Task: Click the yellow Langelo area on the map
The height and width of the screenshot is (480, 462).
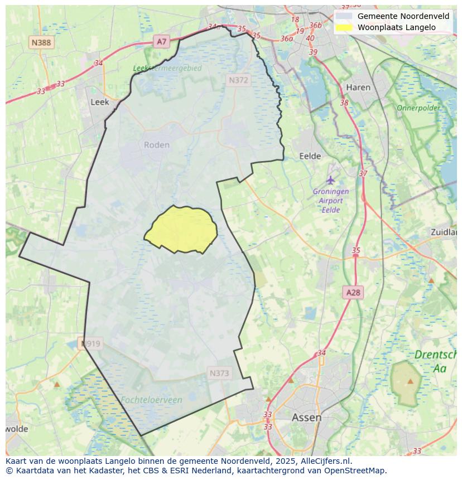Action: [181, 229]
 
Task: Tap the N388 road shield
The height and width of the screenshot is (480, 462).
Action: [41, 42]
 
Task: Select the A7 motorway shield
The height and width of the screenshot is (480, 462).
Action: [161, 41]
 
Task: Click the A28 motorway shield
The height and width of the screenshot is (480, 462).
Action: [353, 292]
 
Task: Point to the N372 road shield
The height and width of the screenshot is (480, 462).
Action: [238, 80]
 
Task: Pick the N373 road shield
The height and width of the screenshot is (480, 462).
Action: [219, 373]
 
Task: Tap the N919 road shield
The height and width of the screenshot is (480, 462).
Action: [90, 343]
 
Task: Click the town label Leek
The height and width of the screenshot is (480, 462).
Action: [100, 102]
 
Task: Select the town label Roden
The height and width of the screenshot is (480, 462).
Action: [156, 145]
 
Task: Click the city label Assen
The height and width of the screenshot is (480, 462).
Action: [306, 417]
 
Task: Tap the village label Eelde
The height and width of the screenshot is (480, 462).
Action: [310, 156]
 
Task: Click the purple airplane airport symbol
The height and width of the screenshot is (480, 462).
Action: [331, 180]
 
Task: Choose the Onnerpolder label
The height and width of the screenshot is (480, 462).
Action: [418, 108]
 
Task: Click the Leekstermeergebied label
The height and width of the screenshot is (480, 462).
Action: [167, 68]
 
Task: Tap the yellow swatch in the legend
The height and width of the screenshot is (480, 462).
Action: [344, 27]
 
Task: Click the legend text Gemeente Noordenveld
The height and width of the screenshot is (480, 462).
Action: [403, 16]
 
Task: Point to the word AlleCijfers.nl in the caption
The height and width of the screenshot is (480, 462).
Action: [324, 461]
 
